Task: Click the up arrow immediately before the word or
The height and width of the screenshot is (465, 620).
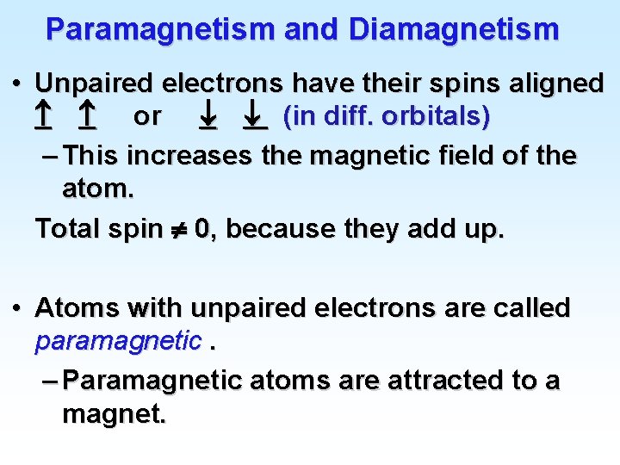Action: (86, 115)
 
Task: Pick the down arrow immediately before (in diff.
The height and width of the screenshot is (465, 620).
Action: (255, 115)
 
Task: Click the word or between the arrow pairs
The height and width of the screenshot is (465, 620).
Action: (147, 115)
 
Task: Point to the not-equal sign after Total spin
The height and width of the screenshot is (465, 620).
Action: (178, 230)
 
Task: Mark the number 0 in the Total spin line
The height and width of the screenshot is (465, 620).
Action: (201, 229)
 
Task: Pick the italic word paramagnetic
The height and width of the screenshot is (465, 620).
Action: (117, 342)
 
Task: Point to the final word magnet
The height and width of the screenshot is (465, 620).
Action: (114, 415)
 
